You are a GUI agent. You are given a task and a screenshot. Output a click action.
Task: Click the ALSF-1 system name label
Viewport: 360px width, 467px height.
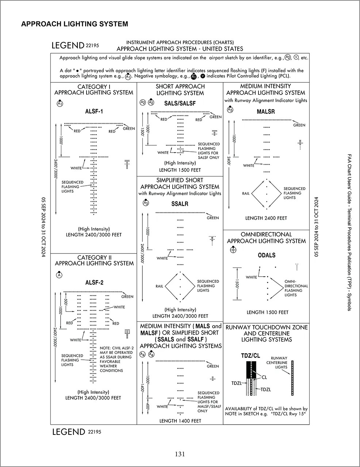pyautogui.click(x=94, y=111)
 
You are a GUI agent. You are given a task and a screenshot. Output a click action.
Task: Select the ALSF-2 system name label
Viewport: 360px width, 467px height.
pyautogui.click(x=94, y=282)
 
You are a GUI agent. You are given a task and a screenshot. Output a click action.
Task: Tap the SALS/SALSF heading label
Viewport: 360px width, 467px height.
pyautogui.click(x=180, y=103)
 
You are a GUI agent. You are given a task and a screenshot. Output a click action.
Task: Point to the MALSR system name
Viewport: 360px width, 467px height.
pyautogui.click(x=266, y=111)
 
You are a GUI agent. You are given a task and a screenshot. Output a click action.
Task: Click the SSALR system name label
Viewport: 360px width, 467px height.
pyautogui.click(x=180, y=204)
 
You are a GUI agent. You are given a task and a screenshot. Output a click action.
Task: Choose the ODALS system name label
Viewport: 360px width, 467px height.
pyautogui.click(x=267, y=255)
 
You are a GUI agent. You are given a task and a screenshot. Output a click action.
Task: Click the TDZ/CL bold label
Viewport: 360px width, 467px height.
pyautogui.click(x=250, y=355)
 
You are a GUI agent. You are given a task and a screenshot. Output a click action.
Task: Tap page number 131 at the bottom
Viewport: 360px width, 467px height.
pyautogui.click(x=180, y=454)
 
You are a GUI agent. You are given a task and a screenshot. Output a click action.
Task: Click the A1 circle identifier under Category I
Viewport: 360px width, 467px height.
pyautogui.click(x=60, y=104)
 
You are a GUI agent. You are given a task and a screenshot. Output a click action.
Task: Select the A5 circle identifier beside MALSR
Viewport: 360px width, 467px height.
pyautogui.click(x=230, y=109)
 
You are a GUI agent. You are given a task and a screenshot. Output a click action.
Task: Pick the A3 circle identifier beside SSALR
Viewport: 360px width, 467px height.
pyautogui.click(x=146, y=202)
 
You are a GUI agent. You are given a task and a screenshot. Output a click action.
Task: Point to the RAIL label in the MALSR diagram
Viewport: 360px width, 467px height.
pyautogui.click(x=246, y=193)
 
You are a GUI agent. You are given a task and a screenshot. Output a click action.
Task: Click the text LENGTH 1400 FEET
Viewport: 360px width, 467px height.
pyautogui.click(x=180, y=421)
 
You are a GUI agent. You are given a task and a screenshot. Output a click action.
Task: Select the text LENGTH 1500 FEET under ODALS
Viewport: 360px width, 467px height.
pyautogui.click(x=267, y=312)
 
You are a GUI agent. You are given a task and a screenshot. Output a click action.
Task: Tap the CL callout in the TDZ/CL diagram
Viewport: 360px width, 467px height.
pyautogui.click(x=264, y=378)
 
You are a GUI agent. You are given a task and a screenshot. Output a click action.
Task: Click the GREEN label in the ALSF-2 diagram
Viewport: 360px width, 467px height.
pyautogui.click(x=127, y=297)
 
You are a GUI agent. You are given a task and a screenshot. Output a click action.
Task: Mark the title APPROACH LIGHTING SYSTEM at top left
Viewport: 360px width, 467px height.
pyautogui.click(x=74, y=24)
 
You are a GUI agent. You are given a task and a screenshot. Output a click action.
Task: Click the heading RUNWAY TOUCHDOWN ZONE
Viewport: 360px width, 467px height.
pyautogui.click(x=267, y=327)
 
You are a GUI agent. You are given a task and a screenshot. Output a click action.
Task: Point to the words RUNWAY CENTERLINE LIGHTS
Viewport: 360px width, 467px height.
pyautogui.click(x=279, y=363)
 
